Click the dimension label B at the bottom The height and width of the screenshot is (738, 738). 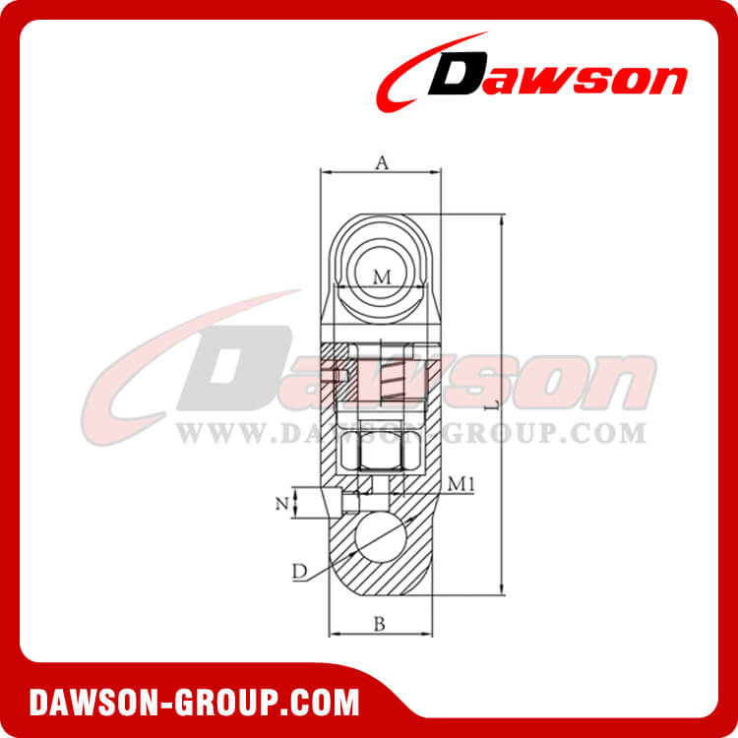(x=379, y=622)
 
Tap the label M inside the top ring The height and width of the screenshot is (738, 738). (x=382, y=277)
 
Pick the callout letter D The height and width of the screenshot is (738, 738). (x=298, y=570)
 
